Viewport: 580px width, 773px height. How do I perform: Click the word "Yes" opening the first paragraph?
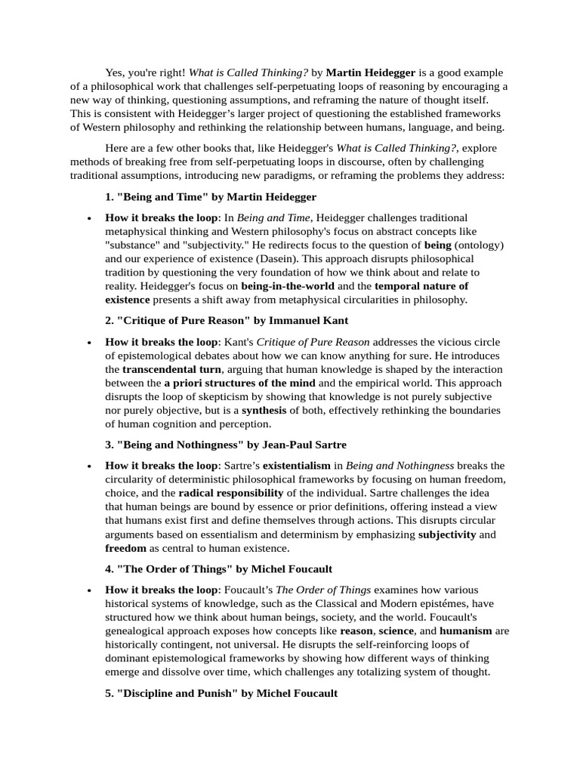[115, 72]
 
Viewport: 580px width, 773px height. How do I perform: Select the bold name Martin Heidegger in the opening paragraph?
[371, 72]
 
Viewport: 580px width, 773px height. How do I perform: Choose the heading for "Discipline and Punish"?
[221, 692]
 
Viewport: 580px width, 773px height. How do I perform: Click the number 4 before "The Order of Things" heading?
[109, 568]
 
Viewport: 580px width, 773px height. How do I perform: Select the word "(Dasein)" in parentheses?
[277, 258]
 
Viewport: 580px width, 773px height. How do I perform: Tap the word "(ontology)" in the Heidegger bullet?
[480, 245]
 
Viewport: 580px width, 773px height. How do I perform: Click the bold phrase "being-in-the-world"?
[288, 286]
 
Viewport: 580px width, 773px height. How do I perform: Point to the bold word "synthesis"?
[264, 410]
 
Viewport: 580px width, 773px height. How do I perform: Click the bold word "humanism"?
[465, 630]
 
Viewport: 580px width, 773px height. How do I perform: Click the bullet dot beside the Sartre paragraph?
[90, 466]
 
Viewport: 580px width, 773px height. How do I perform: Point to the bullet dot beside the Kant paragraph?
[90, 342]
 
